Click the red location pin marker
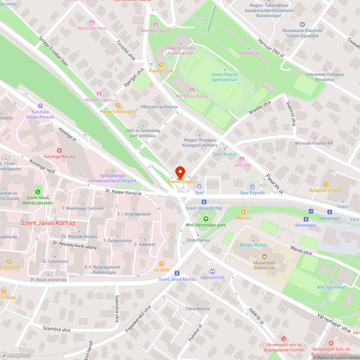click(x=180, y=172)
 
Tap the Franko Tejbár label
click(x=180, y=182)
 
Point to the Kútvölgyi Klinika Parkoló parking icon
click(x=40, y=106)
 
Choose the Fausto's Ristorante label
click(x=118, y=112)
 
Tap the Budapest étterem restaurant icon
click(x=326, y=184)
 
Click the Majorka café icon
click(x=243, y=212)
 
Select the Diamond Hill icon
click(x=212, y=271)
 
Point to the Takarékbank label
click(x=197, y=309)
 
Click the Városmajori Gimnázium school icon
click(x=264, y=257)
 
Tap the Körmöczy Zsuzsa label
click(x=192, y=96)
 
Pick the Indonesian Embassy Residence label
click(x=325, y=77)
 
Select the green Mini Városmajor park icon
click(x=206, y=219)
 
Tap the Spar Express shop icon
click(x=252, y=186)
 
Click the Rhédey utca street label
click(x=260, y=108)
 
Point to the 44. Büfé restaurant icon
click(x=161, y=264)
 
